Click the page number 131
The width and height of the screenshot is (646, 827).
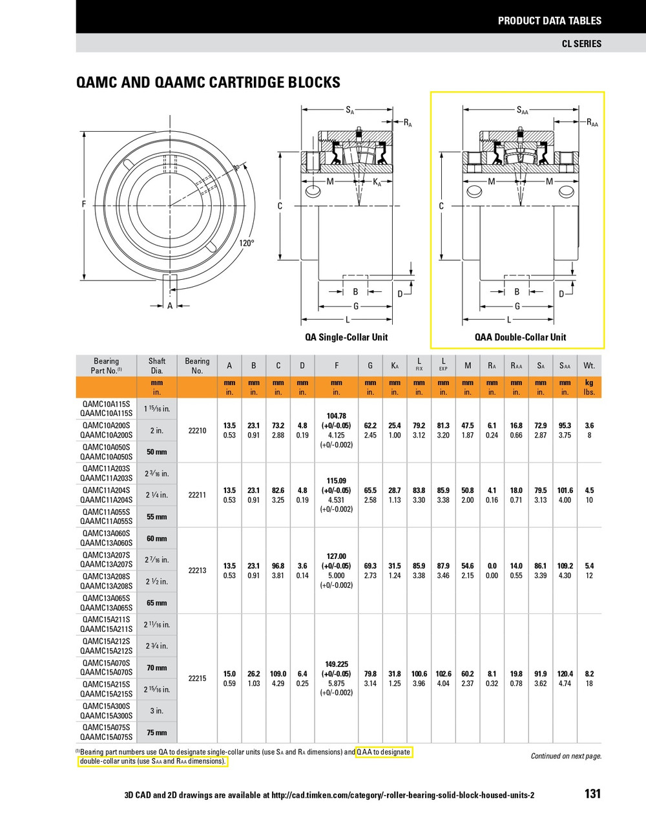click(x=592, y=793)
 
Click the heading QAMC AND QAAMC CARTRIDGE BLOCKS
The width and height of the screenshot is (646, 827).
click(x=208, y=83)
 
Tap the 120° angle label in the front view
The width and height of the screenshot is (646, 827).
click(x=247, y=243)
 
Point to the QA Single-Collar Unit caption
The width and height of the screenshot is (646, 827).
click(x=346, y=337)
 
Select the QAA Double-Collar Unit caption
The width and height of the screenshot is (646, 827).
click(x=520, y=337)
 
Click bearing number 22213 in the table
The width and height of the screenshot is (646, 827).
click(x=197, y=571)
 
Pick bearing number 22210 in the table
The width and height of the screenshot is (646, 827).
click(x=197, y=430)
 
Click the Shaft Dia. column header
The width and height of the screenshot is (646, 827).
click(x=157, y=366)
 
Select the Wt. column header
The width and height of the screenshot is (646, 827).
click(x=589, y=366)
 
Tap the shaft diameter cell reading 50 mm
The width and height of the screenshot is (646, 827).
click(x=156, y=452)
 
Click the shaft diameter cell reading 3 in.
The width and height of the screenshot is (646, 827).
click(x=156, y=711)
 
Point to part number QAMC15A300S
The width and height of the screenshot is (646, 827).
click(x=107, y=706)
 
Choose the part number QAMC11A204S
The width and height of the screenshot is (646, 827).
click(x=107, y=490)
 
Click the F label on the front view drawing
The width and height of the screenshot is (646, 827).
click(x=84, y=205)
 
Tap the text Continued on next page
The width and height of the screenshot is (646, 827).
click(x=566, y=756)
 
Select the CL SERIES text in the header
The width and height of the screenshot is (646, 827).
click(x=581, y=43)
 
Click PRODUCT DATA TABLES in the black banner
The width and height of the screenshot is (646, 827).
click(x=549, y=21)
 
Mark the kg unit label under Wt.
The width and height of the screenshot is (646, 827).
click(x=589, y=382)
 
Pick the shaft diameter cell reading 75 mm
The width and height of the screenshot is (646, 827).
click(x=156, y=733)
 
